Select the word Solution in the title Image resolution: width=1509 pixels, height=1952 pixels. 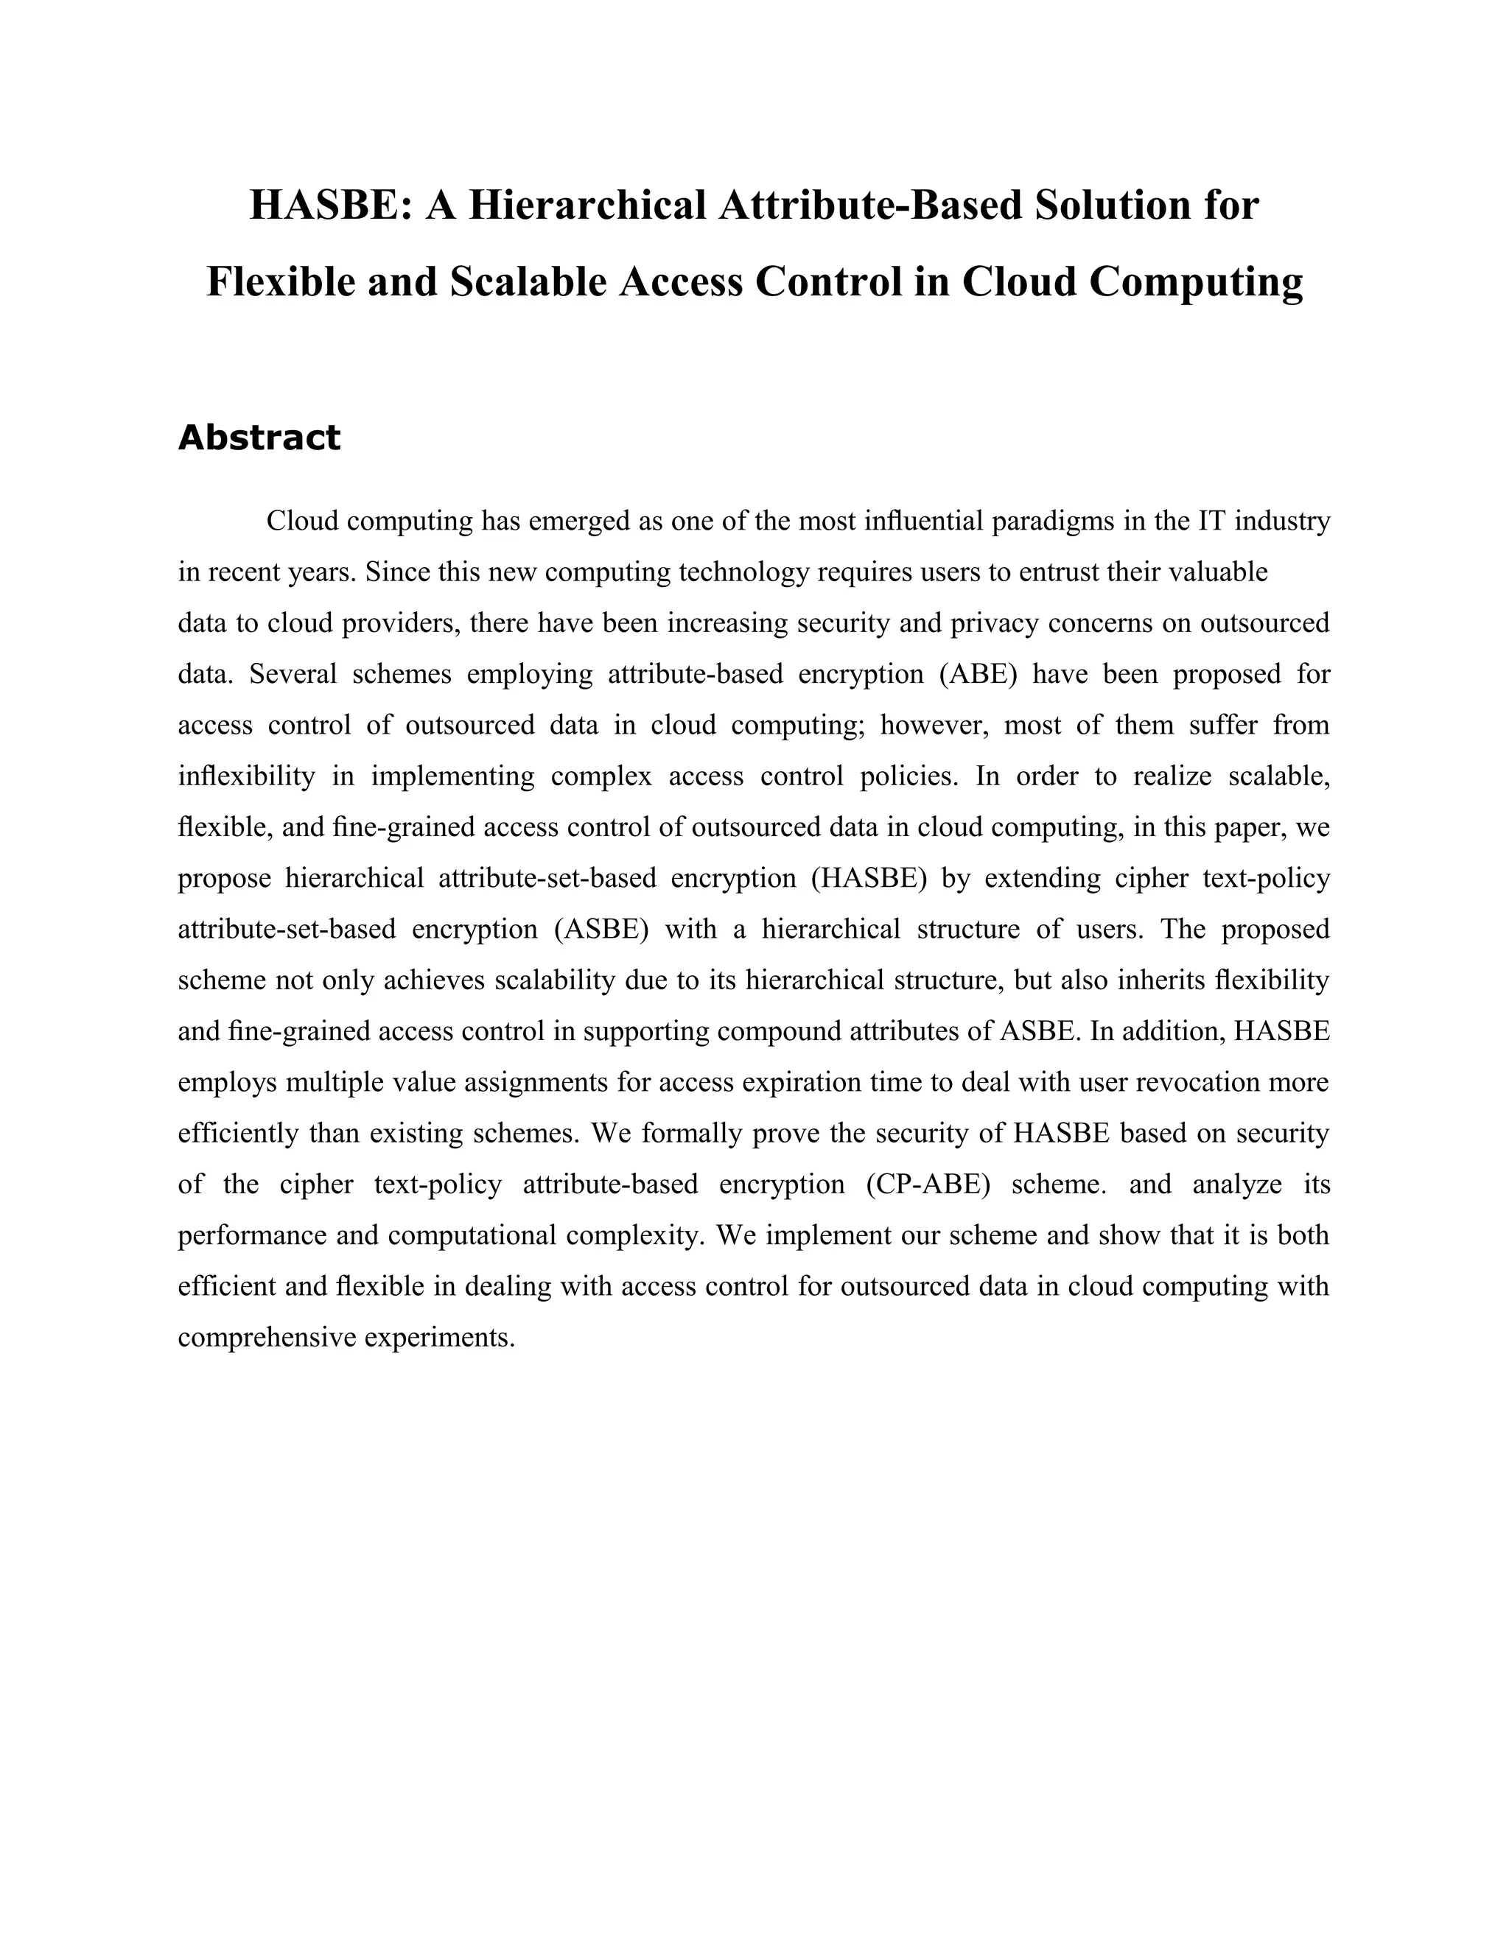1118,205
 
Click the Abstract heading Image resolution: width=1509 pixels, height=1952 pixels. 259,438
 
